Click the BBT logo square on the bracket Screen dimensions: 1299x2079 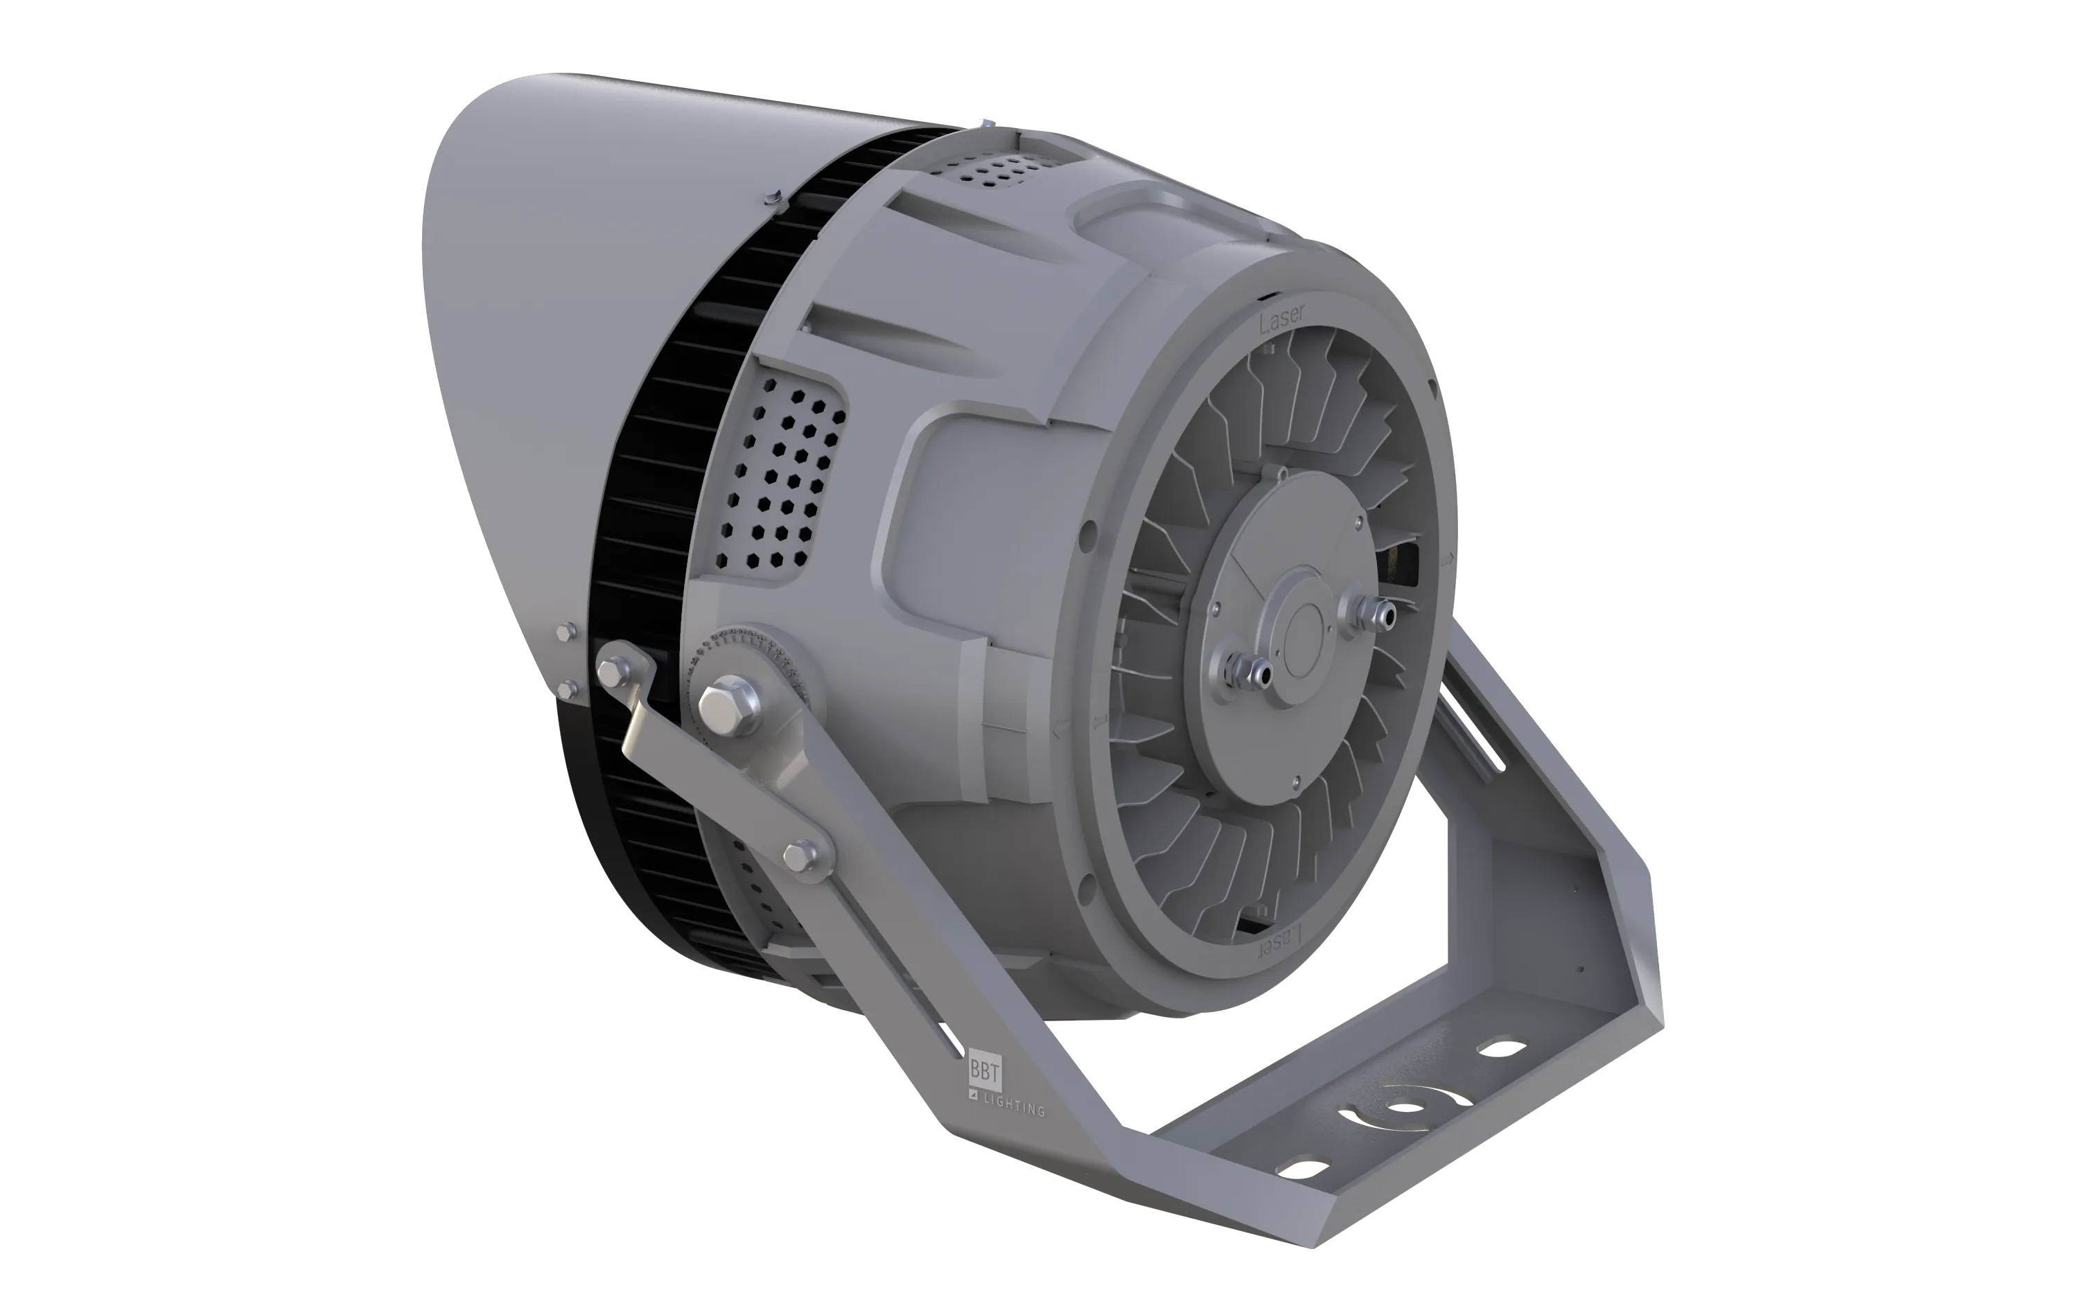point(985,1070)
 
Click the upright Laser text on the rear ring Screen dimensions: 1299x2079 point(1281,319)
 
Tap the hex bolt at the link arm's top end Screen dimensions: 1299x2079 point(612,670)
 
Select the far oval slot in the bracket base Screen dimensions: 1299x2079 point(1502,1048)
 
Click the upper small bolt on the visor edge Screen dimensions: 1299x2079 point(563,633)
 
